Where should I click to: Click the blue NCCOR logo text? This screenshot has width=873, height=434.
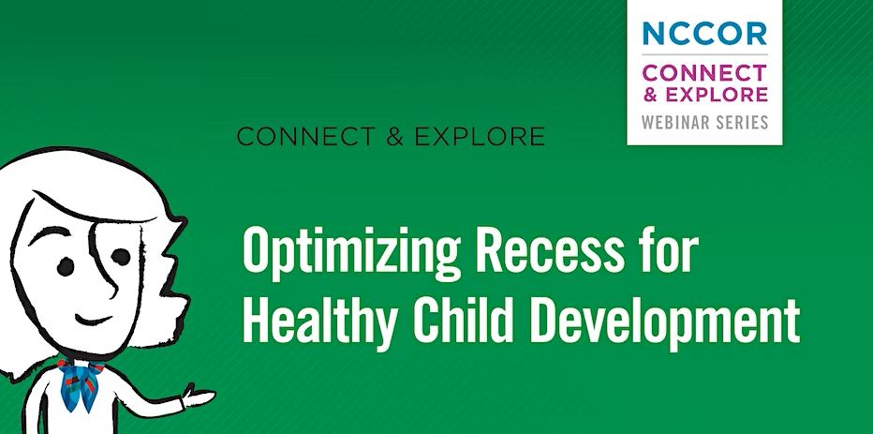point(704,33)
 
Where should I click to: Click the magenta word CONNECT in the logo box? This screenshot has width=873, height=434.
point(704,72)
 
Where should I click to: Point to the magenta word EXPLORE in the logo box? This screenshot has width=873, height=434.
point(717,94)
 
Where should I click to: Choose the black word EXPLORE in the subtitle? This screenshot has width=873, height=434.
point(480,137)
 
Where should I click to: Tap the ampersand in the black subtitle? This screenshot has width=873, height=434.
point(394,137)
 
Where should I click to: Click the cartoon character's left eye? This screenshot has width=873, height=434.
point(66,266)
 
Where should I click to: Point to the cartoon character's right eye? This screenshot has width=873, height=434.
point(121,257)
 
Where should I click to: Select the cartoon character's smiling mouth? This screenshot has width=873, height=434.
point(93,320)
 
